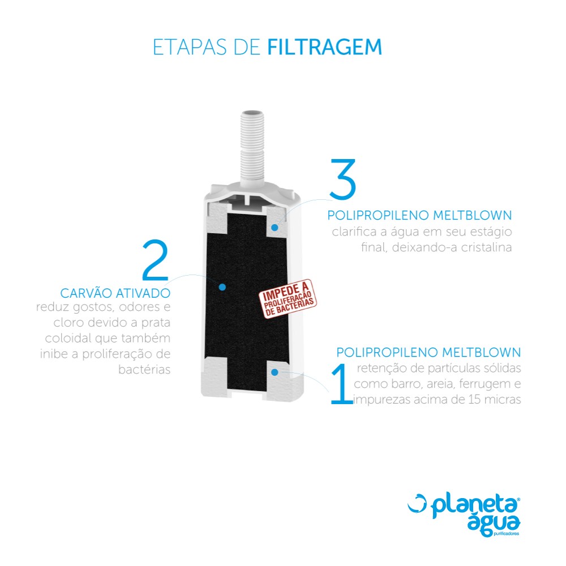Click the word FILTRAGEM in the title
pos(324,47)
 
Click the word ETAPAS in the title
pos(190,47)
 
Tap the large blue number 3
pos(342,179)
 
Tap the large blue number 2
pos(156,260)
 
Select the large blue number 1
pos(341,384)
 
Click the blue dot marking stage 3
pos(275,228)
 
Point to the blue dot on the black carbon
pos(222,287)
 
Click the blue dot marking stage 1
pos(275,372)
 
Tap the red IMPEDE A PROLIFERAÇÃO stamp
pos(288,299)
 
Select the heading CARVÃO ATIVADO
pos(115,293)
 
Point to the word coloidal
pos(68,338)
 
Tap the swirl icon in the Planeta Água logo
pos(417,503)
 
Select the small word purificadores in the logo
pos(506,534)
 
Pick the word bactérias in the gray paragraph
pos(144,370)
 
